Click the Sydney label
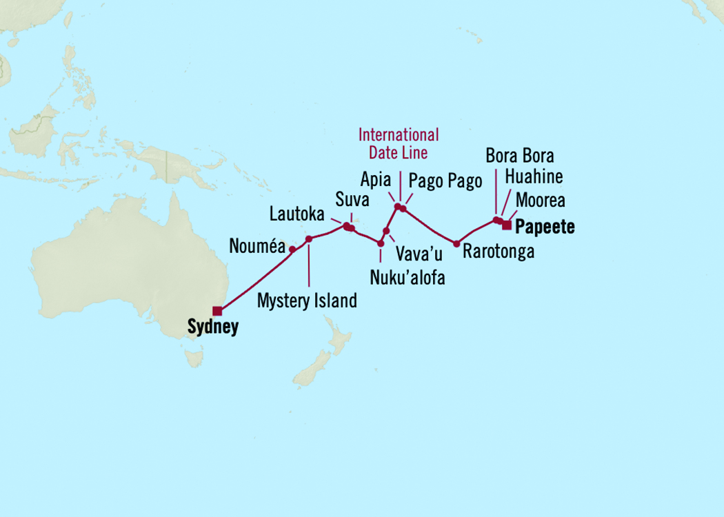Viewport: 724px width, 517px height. [212, 327]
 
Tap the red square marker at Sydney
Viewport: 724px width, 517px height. [217, 311]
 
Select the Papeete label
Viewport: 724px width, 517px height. [545, 227]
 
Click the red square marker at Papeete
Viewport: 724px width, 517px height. [507, 225]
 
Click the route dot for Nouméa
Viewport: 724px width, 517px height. [292, 249]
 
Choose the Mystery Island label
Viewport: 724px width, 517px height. [307, 301]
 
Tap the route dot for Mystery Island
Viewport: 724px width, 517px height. [309, 239]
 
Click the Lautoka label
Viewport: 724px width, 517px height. [296, 214]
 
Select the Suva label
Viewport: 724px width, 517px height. [352, 201]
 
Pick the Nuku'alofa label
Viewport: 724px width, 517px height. [408, 278]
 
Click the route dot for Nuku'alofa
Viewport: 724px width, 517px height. [381, 243]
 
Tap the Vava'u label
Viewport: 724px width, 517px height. [418, 253]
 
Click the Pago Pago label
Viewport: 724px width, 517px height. [445, 181]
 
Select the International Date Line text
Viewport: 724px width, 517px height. [399, 143]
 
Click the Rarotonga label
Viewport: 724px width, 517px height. [498, 252]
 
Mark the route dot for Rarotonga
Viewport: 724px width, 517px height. [456, 243]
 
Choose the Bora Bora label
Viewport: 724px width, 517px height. [519, 155]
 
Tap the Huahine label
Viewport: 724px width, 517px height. [533, 177]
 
